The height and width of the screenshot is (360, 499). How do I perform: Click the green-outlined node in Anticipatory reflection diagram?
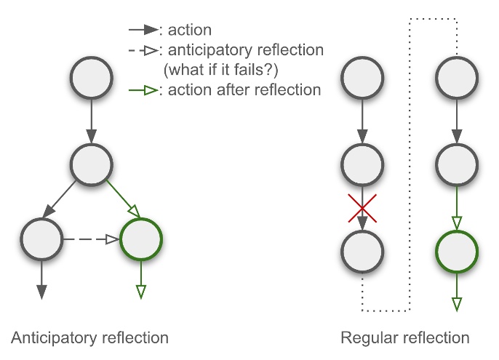141,239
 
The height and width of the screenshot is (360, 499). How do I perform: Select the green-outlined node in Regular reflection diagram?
457,251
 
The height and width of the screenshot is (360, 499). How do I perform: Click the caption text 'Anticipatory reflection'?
90,338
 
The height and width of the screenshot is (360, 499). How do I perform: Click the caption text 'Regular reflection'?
405,338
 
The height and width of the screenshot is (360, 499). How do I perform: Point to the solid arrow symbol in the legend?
143,31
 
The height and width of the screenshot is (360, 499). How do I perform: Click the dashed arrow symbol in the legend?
143,51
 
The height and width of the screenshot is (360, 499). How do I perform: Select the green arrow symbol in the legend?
143,90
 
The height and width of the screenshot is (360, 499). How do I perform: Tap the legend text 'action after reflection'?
244,90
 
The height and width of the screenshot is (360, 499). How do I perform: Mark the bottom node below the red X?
362,251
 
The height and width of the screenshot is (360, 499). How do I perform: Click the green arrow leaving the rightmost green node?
457,292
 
